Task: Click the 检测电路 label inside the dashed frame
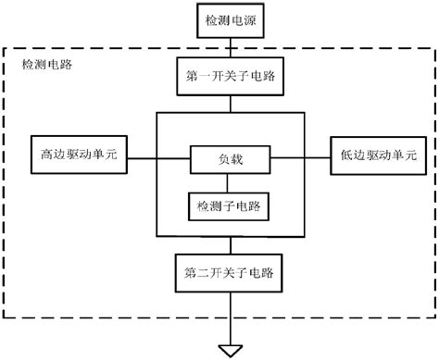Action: [x=46, y=65]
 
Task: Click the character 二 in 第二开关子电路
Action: [x=204, y=275]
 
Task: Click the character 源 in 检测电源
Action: [x=252, y=19]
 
